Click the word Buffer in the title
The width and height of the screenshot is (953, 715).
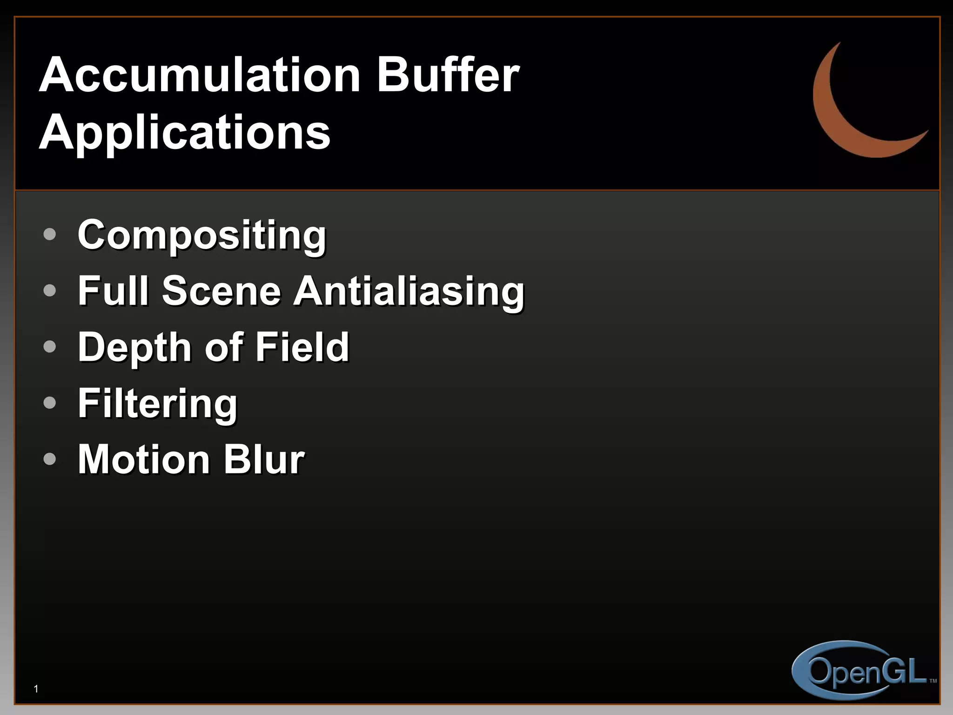tap(448, 75)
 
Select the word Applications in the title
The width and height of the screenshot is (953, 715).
tap(185, 133)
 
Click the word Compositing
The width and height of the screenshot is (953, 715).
tap(202, 236)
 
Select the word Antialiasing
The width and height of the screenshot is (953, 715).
tap(409, 292)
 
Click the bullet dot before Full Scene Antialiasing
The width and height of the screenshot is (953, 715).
tap(49, 290)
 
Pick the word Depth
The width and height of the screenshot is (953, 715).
tap(134, 348)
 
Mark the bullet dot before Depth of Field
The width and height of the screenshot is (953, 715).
tap(49, 346)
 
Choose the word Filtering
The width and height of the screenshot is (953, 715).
tap(158, 404)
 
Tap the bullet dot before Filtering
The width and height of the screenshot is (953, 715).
tap(49, 403)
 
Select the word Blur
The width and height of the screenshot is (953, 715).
tap(264, 460)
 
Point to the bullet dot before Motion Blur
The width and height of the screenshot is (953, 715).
tap(49, 459)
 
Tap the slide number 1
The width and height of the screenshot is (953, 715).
tap(36, 689)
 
